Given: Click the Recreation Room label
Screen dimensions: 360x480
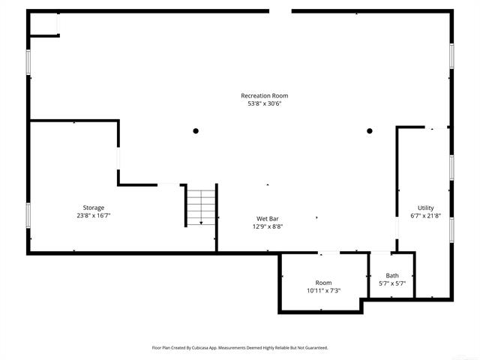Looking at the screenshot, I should pyautogui.click(x=264, y=95).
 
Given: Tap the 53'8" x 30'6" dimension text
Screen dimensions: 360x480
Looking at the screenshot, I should pyautogui.click(x=264, y=103).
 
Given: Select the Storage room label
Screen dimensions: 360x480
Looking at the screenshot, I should pyautogui.click(x=94, y=207).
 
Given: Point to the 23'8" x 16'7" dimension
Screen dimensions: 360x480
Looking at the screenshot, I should pyautogui.click(x=94, y=215).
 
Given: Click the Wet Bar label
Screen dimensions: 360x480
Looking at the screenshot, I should pyautogui.click(x=267, y=218).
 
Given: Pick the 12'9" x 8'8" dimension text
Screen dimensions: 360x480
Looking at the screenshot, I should pyautogui.click(x=267, y=226).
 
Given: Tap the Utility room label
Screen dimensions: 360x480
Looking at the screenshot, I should pyautogui.click(x=425, y=208).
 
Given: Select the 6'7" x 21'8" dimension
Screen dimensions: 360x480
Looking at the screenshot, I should pyautogui.click(x=425, y=216).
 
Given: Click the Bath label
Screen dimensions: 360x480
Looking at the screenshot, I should pyautogui.click(x=392, y=276).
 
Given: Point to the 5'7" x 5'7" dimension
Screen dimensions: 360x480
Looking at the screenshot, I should pyautogui.click(x=392, y=284).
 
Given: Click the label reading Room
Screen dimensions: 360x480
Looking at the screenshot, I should pyautogui.click(x=323, y=283).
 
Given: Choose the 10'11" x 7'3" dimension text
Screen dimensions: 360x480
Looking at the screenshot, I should pyautogui.click(x=323, y=291).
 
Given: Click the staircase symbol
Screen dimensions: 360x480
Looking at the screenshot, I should pyautogui.click(x=200, y=206).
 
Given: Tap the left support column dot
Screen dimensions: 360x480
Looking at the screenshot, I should pyautogui.click(x=196, y=130).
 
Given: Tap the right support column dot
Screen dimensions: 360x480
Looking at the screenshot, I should pyautogui.click(x=369, y=130).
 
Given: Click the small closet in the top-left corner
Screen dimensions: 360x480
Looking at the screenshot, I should pyautogui.click(x=43, y=24).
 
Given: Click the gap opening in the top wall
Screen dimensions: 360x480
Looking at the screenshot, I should pyautogui.click(x=280, y=11).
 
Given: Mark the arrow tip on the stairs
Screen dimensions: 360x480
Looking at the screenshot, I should pyautogui.click(x=200, y=223).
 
